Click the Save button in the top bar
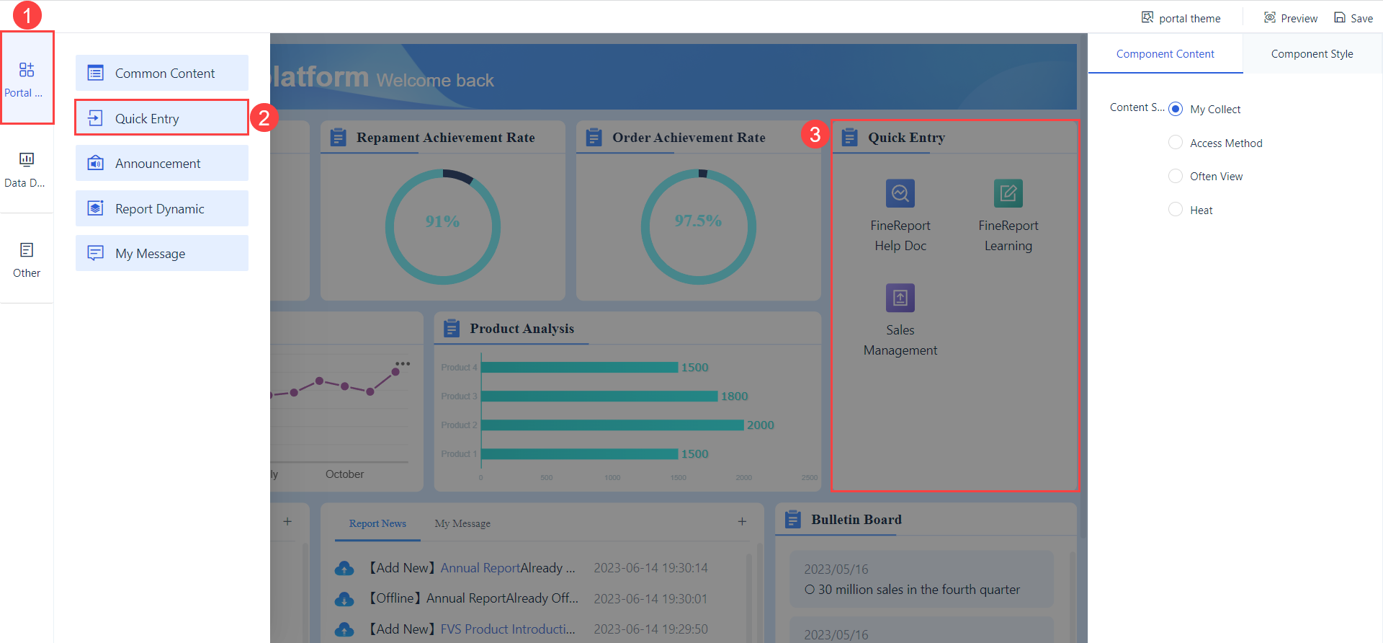[x=1353, y=18]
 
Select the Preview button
[x=1291, y=18]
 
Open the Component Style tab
[x=1312, y=54]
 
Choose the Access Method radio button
[x=1176, y=143]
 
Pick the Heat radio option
[x=1176, y=210]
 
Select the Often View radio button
[x=1176, y=177]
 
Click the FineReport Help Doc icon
[x=900, y=193]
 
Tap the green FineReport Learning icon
[x=1008, y=193]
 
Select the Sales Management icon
[x=900, y=298]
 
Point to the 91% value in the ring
[x=442, y=221]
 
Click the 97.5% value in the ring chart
[x=698, y=221]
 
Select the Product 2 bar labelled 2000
[x=612, y=425]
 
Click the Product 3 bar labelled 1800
[x=599, y=396]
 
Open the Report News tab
[x=377, y=524]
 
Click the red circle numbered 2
[x=264, y=117]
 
